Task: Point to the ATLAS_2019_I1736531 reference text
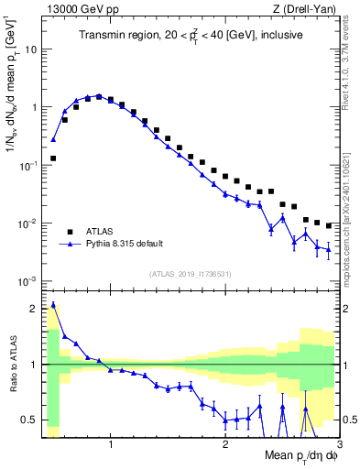point(191,273)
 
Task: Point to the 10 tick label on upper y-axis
point(31,49)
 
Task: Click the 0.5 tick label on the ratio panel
point(29,420)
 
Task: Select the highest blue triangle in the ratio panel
point(53,305)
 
